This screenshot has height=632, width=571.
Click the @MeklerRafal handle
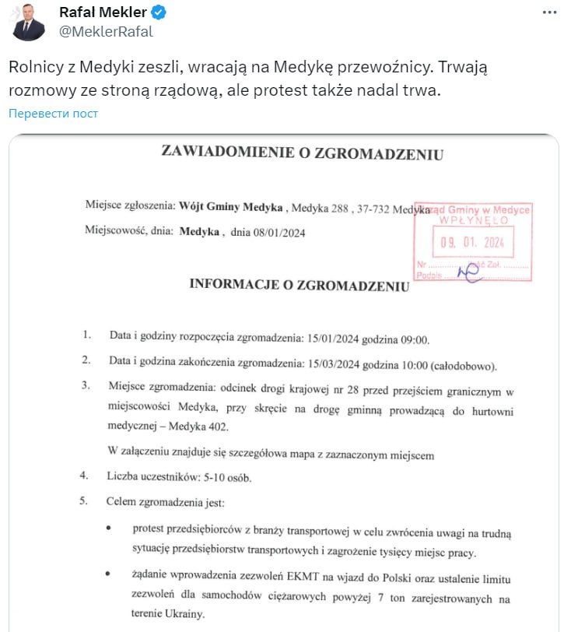tap(106, 31)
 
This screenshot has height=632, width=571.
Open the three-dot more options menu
tap(550, 13)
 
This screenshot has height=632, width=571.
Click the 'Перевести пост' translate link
tap(54, 114)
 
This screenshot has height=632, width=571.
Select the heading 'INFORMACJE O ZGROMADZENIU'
tap(299, 285)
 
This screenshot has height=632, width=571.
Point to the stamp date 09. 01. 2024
tap(472, 242)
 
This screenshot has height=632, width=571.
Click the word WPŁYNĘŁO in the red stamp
tap(472, 221)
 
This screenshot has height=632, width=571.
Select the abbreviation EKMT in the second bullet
tap(300, 578)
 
